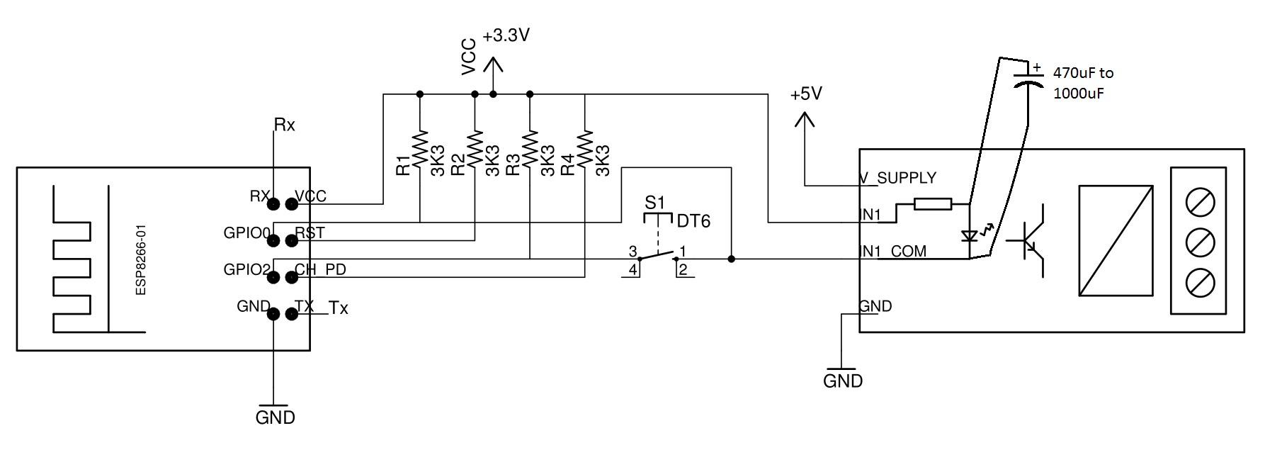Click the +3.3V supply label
click(506, 36)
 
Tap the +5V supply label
click(806, 94)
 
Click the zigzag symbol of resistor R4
click(584, 148)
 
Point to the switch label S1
click(655, 202)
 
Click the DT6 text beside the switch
click(693, 221)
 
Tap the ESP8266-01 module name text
click(141, 261)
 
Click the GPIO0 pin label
click(246, 232)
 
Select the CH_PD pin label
click(320, 270)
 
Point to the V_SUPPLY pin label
click(897, 178)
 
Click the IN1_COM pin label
click(892, 252)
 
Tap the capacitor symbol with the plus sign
click(1028, 77)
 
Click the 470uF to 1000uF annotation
click(1083, 83)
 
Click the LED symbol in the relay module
click(969, 237)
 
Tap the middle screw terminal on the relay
click(1198, 242)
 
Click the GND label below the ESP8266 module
click(275, 417)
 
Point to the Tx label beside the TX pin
click(339, 308)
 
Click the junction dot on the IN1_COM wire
click(732, 259)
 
